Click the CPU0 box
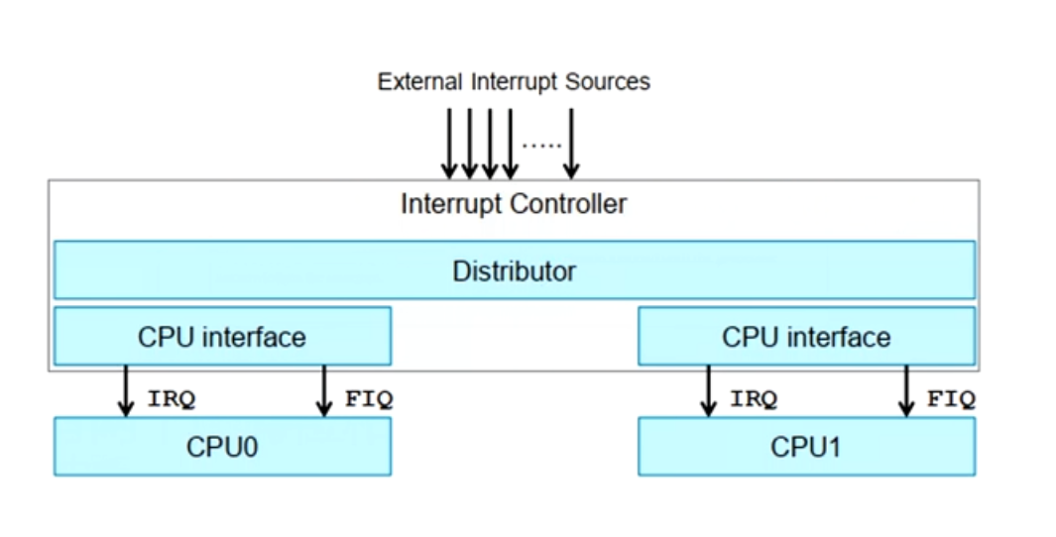[x=222, y=447]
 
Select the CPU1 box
[x=806, y=447]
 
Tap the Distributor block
[x=514, y=269]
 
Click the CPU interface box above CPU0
[x=222, y=336]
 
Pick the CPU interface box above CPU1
[x=806, y=336]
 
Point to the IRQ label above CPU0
[x=172, y=399]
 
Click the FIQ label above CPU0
[x=369, y=399]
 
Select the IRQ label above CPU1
[x=754, y=399]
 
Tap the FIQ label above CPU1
[x=951, y=399]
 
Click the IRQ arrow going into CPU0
[x=126, y=391]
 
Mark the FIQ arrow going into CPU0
[x=323, y=391]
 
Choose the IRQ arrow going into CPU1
[x=708, y=391]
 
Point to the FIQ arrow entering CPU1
[x=905, y=391]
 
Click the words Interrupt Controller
[x=514, y=204]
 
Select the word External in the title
[x=419, y=81]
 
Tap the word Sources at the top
[x=608, y=81]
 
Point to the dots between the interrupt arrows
[x=541, y=145]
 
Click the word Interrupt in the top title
[x=515, y=81]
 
